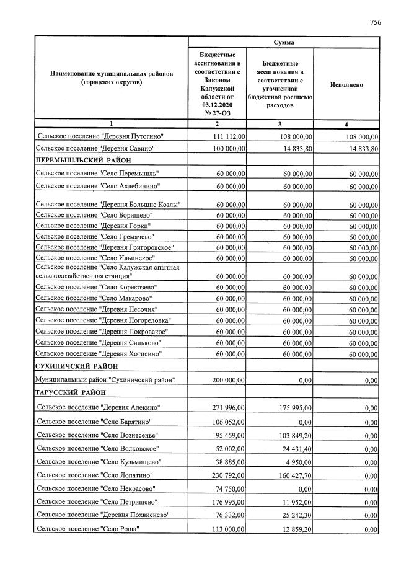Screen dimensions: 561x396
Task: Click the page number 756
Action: [x=376, y=22]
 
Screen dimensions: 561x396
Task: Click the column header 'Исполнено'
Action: [x=346, y=85]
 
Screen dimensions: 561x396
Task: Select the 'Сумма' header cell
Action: [x=283, y=42]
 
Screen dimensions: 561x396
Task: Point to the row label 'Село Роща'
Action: [x=89, y=529]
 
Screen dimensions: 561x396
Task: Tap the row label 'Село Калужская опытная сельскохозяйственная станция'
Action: [x=107, y=271]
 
